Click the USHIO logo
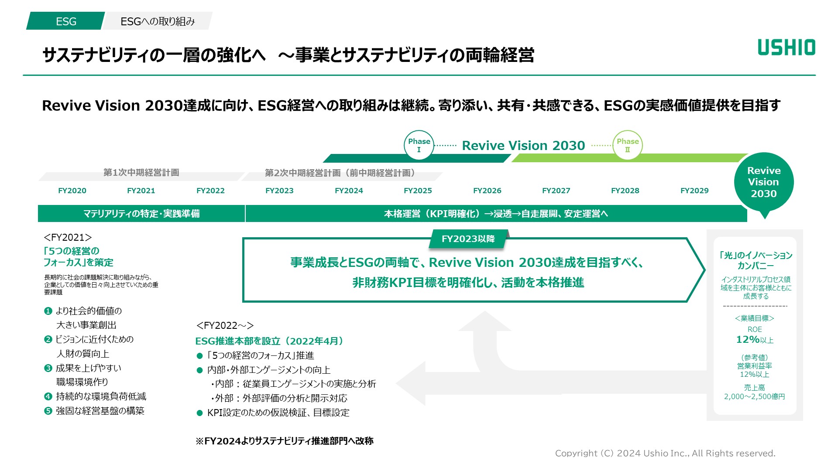(786, 48)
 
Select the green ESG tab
(66, 21)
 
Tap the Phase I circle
(419, 145)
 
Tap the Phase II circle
(628, 145)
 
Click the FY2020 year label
(72, 191)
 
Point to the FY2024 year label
(349, 191)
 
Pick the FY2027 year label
(556, 191)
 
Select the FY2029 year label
(694, 191)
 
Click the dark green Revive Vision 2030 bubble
(764, 182)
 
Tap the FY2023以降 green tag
(468, 239)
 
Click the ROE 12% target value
(754, 340)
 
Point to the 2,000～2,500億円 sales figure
(754, 397)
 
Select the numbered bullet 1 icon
(48, 311)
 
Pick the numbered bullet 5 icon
(48, 411)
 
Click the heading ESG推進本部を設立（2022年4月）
(269, 341)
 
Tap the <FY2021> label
(68, 238)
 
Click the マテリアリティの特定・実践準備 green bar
(141, 214)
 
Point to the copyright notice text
(665, 454)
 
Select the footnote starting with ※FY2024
(284, 441)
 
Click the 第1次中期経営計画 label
(141, 173)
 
